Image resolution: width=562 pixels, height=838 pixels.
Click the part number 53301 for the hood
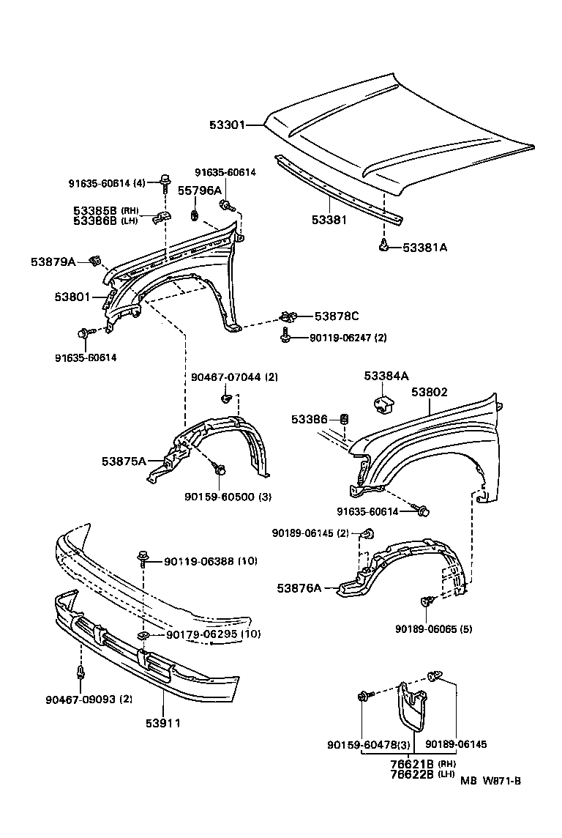tap(225, 125)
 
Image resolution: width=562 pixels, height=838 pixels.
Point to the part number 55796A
tap(200, 190)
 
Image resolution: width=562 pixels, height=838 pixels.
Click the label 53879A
tap(53, 261)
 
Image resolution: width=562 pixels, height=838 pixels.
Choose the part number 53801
tap(72, 297)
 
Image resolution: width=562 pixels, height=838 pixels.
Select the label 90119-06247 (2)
tap(348, 338)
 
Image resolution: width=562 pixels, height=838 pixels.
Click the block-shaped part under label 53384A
tap(384, 403)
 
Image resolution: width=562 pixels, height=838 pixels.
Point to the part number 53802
tap(429, 393)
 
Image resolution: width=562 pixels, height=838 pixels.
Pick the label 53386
tap(310, 419)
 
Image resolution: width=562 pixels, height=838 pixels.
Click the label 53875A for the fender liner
tap(123, 461)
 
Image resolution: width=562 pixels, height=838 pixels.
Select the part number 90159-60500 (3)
tap(228, 497)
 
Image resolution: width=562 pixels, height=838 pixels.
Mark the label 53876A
tap(299, 587)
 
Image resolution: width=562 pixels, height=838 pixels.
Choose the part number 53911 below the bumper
tap(162, 723)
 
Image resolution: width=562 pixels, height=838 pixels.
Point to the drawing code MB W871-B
tap(490, 782)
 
